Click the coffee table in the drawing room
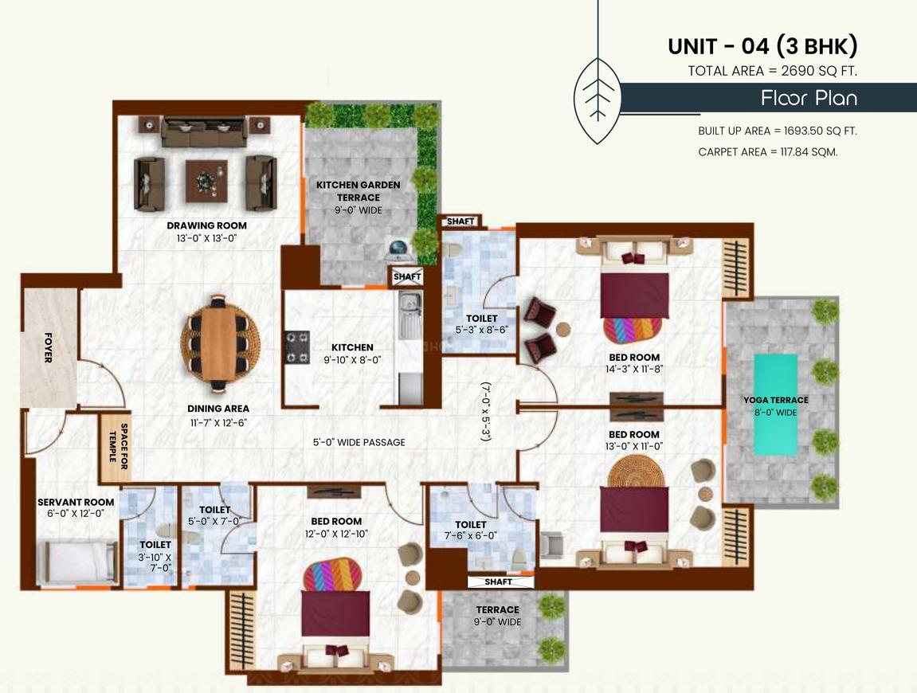[206, 181]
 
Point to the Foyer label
[49, 347]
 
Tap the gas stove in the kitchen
[296, 347]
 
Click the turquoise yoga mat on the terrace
[775, 405]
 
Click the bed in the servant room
[76, 562]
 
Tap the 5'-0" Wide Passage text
[359, 443]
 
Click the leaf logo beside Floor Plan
[597, 100]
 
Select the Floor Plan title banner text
[809, 98]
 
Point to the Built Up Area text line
[778, 131]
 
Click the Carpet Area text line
[768, 152]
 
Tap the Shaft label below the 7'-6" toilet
[498, 582]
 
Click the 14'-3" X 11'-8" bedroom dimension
[634, 369]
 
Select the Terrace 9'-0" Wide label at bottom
[498, 616]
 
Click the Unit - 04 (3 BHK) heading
[762, 45]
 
